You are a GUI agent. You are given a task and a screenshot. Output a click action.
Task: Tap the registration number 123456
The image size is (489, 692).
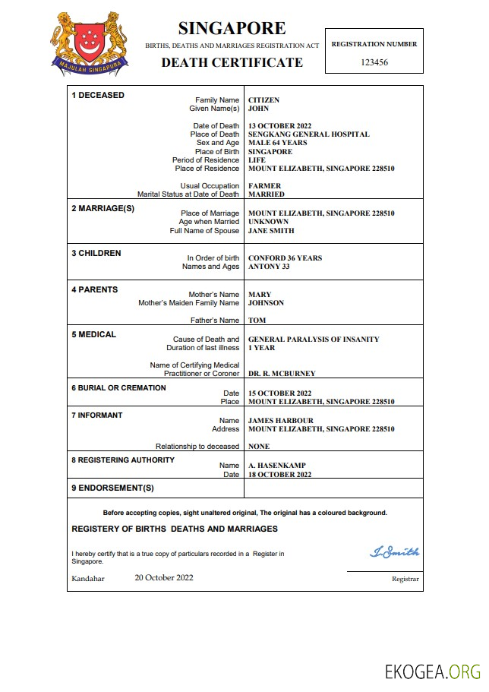click(374, 62)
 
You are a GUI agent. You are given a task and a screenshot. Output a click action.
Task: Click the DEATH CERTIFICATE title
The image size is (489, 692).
click(232, 62)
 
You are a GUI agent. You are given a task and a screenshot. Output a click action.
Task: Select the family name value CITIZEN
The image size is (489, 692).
click(263, 100)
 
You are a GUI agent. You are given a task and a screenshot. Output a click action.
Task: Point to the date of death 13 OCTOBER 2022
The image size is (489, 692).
click(279, 126)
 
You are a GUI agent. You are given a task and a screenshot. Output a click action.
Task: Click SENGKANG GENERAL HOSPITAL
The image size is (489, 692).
click(308, 134)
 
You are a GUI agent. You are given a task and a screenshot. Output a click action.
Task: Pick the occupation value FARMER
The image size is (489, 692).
click(264, 186)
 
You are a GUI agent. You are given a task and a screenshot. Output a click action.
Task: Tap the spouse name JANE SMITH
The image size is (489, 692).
click(271, 231)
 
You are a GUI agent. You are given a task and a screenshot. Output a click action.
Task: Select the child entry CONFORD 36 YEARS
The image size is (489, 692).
click(285, 258)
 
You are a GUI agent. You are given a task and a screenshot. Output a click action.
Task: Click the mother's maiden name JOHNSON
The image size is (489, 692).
click(266, 303)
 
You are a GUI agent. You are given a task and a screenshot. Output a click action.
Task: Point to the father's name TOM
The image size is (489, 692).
click(257, 321)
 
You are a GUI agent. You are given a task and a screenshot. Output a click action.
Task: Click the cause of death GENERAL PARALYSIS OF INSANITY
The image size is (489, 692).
click(314, 340)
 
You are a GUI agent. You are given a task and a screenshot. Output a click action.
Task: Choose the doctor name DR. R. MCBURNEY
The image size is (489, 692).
click(282, 374)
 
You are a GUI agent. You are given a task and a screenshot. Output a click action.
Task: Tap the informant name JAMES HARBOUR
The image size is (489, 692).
click(280, 421)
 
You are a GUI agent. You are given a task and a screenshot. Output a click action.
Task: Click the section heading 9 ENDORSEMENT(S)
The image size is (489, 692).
click(112, 488)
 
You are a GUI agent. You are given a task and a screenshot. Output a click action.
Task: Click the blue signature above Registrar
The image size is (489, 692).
click(394, 552)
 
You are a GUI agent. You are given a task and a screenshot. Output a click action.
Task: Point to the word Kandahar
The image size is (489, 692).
click(88, 578)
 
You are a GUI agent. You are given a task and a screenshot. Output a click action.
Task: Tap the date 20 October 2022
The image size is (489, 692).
click(164, 577)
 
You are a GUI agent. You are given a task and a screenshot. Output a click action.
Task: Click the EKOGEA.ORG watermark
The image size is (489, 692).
click(433, 671)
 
